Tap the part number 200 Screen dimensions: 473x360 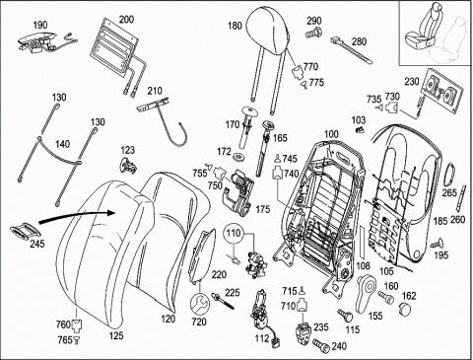[126, 19]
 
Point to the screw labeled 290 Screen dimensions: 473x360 [314, 33]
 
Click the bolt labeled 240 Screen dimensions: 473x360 [320, 344]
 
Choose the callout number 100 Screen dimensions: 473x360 [331, 134]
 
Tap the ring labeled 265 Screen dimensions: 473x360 [449, 175]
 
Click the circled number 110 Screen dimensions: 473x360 [234, 234]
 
